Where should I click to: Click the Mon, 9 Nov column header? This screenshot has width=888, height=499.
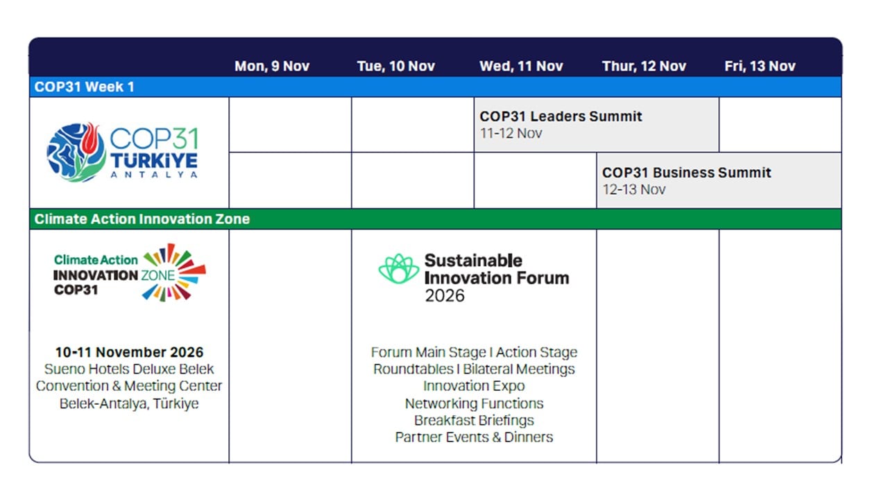point(272,66)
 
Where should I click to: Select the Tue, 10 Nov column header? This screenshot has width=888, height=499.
point(396,66)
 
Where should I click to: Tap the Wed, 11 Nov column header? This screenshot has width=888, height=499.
point(521,66)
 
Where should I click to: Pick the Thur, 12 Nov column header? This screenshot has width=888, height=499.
point(644,66)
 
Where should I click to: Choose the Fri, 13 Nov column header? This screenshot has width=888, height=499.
point(760,66)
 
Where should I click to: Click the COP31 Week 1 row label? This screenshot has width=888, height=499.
point(85,87)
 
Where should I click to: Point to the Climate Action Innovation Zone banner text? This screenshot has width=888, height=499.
point(142,219)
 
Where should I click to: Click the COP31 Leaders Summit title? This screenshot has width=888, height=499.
point(561,116)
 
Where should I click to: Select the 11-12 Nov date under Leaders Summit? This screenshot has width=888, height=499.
point(511,134)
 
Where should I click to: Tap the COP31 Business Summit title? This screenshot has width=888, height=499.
point(687,173)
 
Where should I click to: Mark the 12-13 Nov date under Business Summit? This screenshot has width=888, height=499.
point(633,190)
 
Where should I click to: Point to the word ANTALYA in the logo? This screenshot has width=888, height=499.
point(154,175)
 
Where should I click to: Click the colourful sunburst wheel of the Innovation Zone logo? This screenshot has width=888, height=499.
point(174,272)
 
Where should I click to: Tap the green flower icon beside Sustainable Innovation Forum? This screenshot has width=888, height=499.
point(398,269)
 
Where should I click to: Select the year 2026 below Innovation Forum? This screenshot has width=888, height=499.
point(445,296)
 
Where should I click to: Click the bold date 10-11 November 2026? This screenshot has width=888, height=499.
point(129,352)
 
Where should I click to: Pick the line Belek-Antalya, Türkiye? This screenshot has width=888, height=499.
point(129,403)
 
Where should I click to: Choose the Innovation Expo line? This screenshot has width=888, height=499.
point(474,386)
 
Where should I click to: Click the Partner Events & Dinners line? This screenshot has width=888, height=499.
point(474,437)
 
